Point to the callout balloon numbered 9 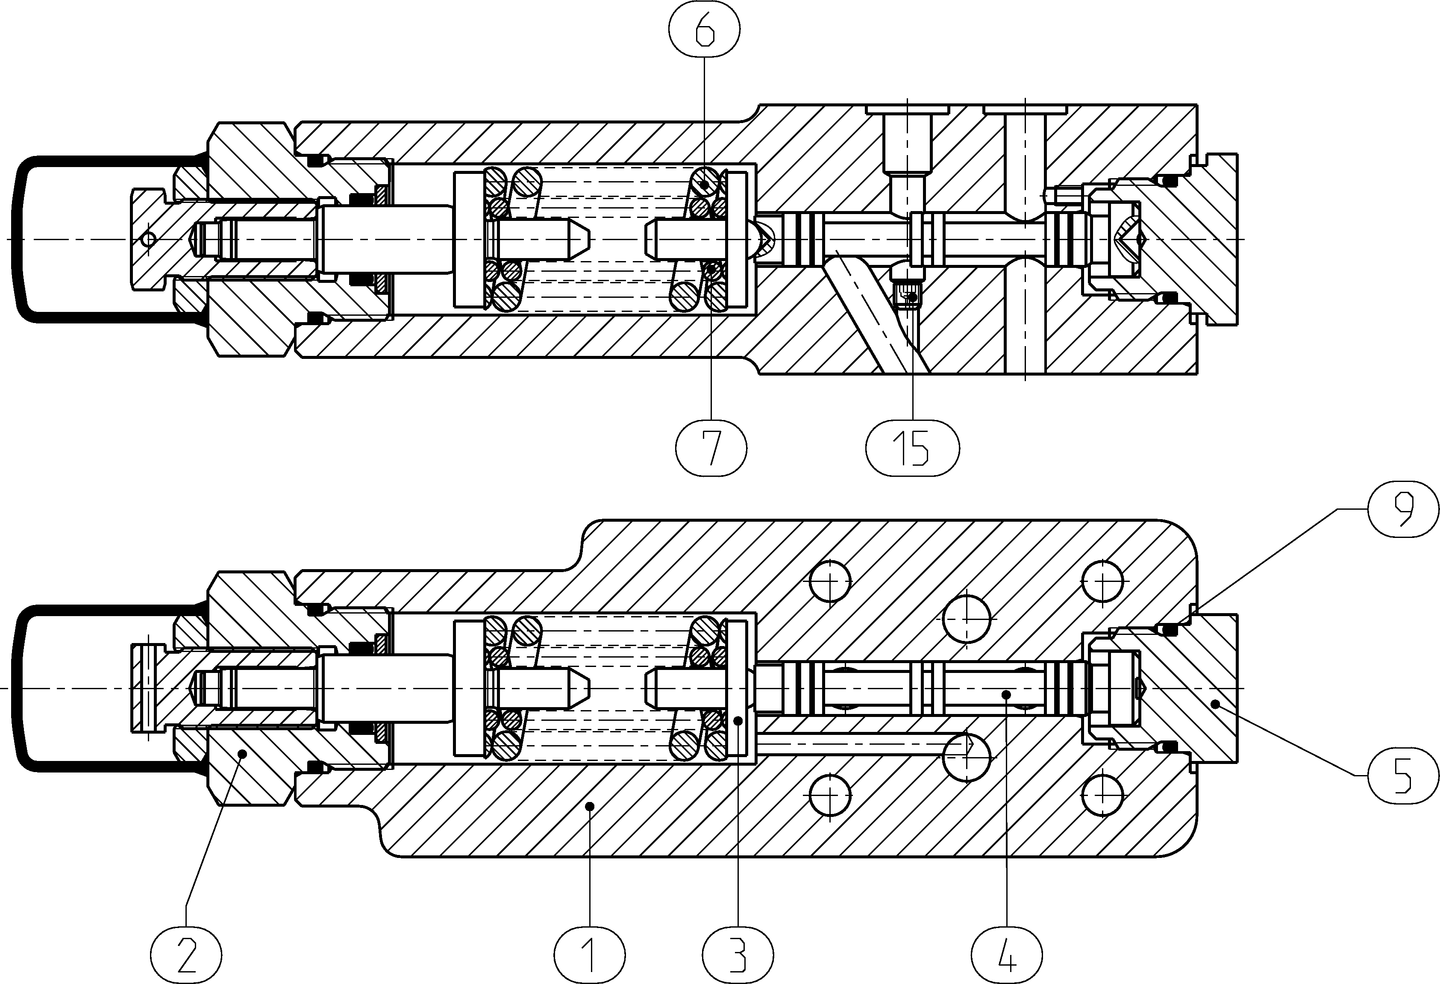coord(1403,509)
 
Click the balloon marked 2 coord(186,955)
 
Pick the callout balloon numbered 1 coord(589,955)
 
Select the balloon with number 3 coord(738,955)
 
